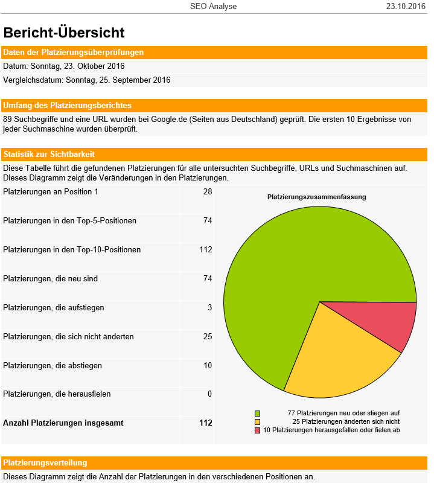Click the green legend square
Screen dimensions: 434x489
coord(257,414)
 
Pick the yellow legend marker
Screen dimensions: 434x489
coord(257,422)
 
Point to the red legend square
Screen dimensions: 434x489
coord(257,430)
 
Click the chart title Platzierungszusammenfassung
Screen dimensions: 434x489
coord(317,197)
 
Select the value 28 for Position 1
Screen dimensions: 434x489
coord(208,191)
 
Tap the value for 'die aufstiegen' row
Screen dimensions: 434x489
coord(210,307)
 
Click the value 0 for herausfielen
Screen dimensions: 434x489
coord(210,394)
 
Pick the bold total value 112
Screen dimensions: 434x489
coord(206,423)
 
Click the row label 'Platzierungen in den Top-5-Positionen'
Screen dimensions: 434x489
coord(70,221)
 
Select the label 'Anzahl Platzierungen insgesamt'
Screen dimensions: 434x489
coord(63,423)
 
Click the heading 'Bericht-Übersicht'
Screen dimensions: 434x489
coord(64,33)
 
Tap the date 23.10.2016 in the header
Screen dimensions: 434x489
coord(406,6)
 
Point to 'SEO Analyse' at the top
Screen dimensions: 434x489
coord(213,6)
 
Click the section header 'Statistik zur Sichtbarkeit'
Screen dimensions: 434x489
coord(49,155)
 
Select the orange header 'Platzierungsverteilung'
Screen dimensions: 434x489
coord(45,463)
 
